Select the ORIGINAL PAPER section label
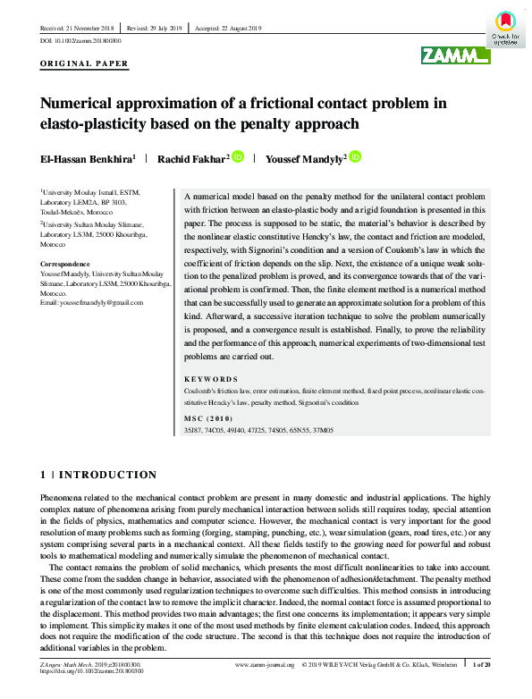(x=85, y=63)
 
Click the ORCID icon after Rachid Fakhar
(x=238, y=157)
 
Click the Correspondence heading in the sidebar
(x=65, y=265)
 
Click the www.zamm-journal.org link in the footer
(x=266, y=665)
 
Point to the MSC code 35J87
(x=192, y=430)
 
